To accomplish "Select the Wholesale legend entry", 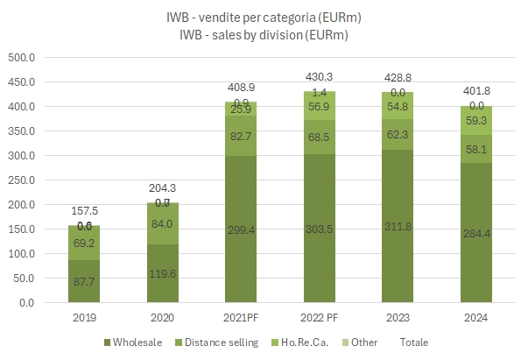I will pyautogui.click(x=137, y=342).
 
